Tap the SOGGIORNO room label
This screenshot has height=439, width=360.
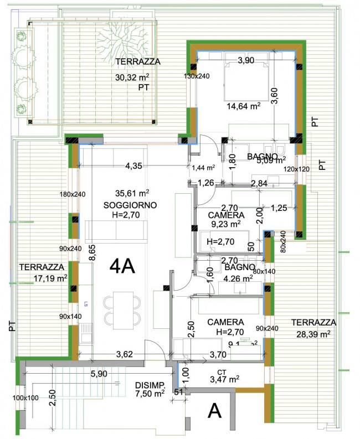coord(130,205)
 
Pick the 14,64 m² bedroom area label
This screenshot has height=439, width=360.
coord(243,106)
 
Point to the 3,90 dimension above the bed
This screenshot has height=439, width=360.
coord(246,61)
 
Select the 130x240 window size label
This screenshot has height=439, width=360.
coord(198,76)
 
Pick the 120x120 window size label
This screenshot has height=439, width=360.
coord(296,169)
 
